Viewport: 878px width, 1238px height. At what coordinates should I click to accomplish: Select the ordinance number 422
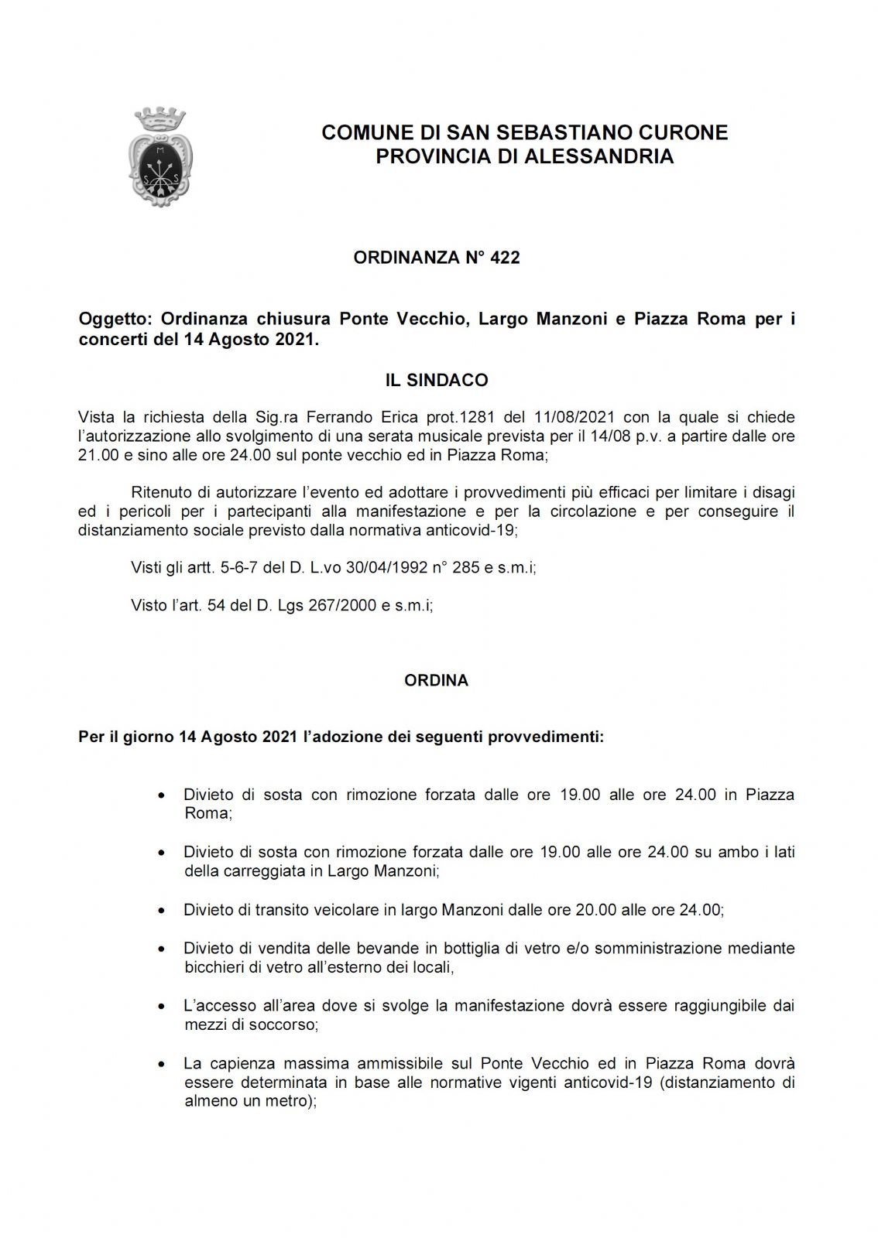click(505, 258)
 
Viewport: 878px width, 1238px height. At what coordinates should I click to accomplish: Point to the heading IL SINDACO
click(437, 380)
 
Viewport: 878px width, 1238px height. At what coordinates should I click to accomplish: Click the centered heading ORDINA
click(436, 681)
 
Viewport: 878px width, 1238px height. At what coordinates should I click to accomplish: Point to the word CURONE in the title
click(685, 133)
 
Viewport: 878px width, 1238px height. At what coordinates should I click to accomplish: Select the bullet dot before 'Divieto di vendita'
click(160, 949)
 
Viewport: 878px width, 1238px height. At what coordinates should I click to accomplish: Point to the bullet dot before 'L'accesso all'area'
click(160, 1007)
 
